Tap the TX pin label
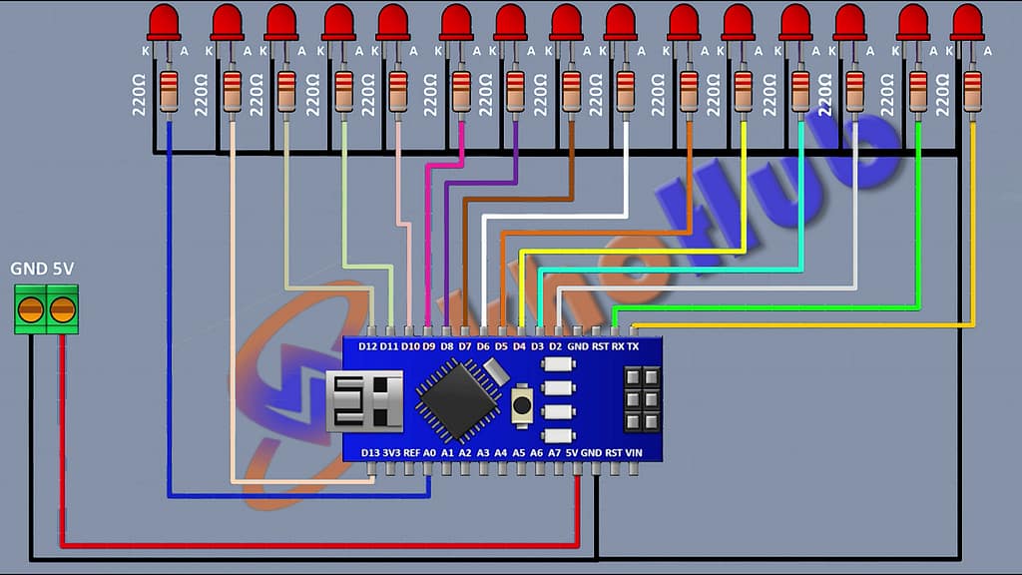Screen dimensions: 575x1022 pos(633,346)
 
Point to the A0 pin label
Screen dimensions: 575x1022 pos(430,452)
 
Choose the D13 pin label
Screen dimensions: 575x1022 pos(369,452)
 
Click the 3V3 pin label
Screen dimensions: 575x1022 pos(390,452)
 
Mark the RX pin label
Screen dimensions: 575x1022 pos(617,346)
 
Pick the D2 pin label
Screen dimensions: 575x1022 pos(556,346)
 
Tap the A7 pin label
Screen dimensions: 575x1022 pos(555,452)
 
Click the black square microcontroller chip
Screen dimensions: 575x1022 pos(458,400)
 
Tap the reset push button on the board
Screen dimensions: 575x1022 pos(520,405)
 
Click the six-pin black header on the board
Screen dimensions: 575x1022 pos(642,399)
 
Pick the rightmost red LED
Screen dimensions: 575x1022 pos(966,22)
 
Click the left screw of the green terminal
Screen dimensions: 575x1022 pos(32,309)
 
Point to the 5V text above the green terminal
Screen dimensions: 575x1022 pos(63,270)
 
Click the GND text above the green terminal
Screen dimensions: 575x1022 pos(27,270)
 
